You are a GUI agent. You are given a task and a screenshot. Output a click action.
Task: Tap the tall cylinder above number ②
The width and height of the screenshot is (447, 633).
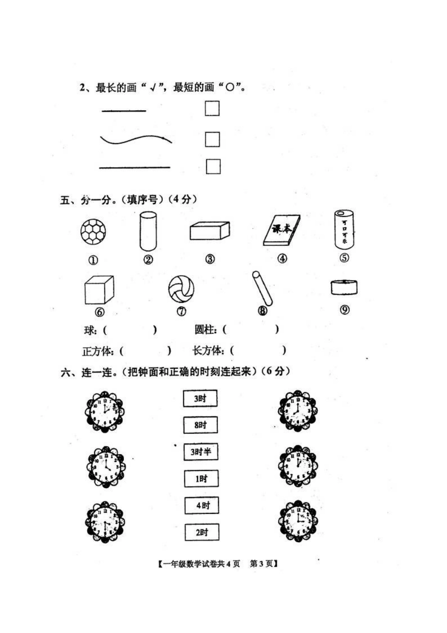coord(148,231)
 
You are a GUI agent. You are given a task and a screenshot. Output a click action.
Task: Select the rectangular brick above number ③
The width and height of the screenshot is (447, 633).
coord(209,231)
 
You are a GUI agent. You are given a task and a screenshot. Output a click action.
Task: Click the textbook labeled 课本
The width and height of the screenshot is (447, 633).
coord(282,230)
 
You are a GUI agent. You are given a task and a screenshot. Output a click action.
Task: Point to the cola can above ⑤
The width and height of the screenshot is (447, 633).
coord(344,230)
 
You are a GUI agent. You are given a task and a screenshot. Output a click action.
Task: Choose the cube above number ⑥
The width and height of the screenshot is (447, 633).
coord(99,290)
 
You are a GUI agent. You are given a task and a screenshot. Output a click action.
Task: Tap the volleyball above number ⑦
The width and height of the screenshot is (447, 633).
coord(181,289)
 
